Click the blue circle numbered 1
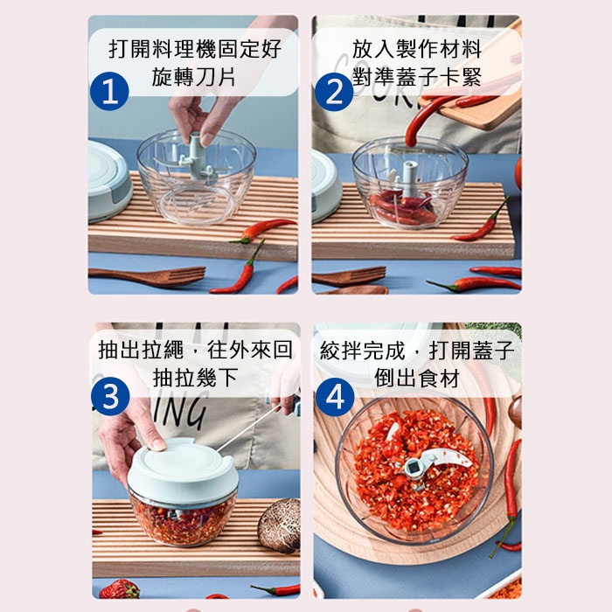point(109,91)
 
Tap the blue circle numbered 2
point(334,92)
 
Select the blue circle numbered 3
point(110,397)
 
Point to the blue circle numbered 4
point(335,397)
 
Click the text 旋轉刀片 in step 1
point(194,77)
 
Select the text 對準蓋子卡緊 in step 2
point(417,77)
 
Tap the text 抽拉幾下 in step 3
point(195,378)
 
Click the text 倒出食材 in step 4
point(417,378)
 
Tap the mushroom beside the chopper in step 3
point(280,525)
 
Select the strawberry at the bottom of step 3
point(120,589)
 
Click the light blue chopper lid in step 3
point(183,471)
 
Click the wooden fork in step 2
point(349,275)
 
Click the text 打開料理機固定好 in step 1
point(195,48)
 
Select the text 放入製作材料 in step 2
point(417,48)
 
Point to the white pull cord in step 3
point(249,428)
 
